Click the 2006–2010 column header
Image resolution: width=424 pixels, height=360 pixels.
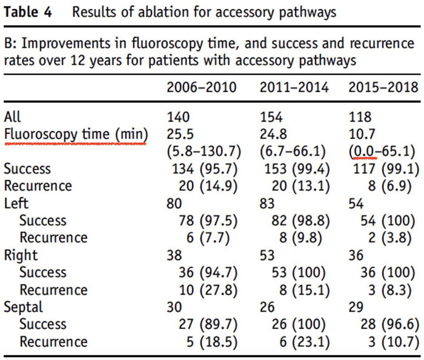[202, 88]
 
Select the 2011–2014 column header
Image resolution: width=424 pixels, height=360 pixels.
[294, 88]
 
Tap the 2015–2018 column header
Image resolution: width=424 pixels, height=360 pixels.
[383, 88]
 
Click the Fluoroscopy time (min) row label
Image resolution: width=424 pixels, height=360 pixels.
[76, 134]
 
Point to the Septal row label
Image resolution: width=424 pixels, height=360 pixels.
[23, 307]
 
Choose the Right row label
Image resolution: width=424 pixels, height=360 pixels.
[21, 255]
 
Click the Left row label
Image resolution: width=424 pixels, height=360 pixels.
[16, 203]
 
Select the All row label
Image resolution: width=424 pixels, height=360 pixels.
[12, 117]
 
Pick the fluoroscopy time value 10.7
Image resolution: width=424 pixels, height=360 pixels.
[362, 134]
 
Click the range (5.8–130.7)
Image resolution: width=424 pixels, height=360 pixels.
[204, 152]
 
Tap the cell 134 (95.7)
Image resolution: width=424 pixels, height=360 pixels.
[205, 169]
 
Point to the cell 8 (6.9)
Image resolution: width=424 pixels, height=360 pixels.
[389, 186]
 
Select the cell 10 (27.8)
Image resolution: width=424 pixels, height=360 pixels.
[208, 290]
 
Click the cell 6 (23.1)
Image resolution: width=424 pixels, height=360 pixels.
[305, 342]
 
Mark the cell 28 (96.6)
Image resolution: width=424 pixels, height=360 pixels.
[389, 325]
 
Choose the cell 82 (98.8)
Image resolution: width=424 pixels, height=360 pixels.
[300, 221]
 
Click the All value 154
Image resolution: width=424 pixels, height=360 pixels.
[271, 117]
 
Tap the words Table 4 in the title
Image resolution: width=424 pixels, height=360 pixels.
[28, 12]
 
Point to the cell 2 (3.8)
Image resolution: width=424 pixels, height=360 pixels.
[389, 238]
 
